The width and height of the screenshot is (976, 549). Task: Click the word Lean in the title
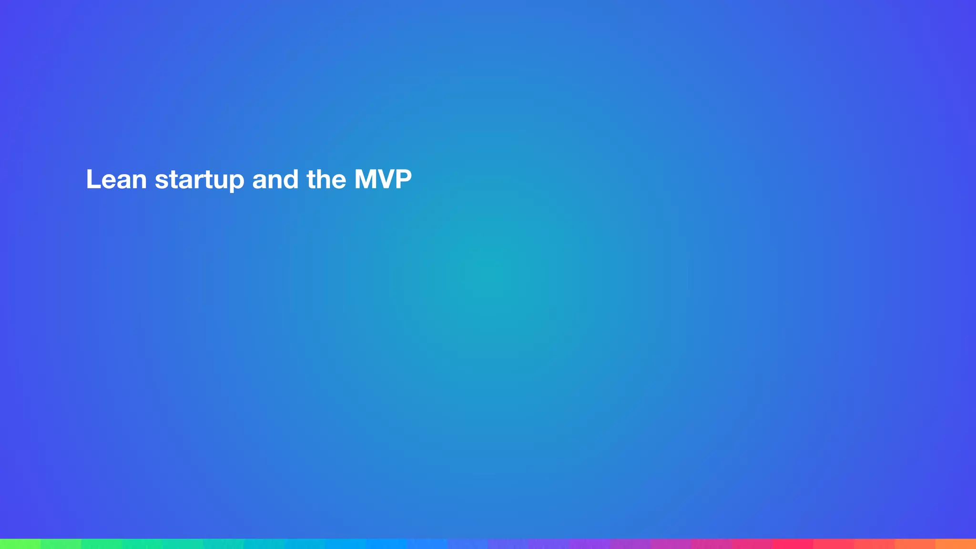(x=116, y=180)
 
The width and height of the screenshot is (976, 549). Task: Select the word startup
(x=199, y=181)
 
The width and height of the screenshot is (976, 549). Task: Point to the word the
(x=326, y=180)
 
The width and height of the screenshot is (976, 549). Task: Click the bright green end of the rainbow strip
(x=14, y=544)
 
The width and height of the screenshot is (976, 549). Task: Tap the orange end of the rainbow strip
(x=960, y=544)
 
